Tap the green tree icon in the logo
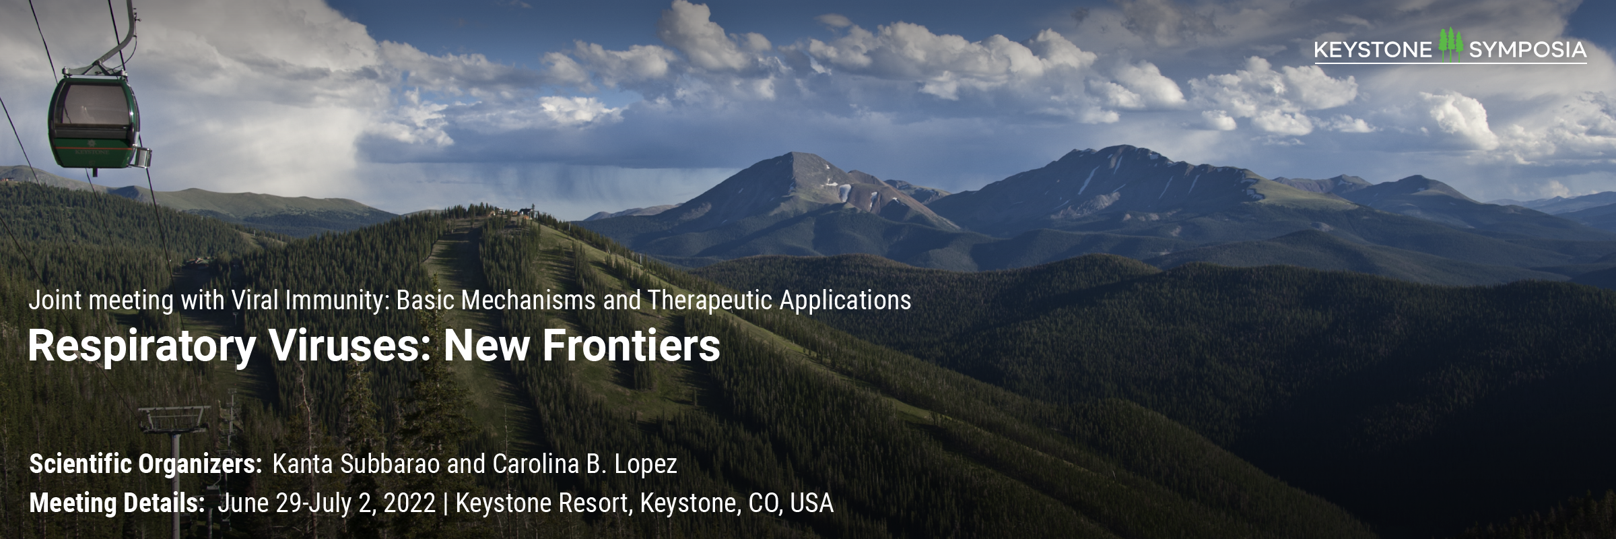(x=1450, y=46)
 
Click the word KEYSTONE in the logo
(x=1373, y=50)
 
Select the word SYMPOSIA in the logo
(x=1528, y=50)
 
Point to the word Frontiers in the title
(x=632, y=346)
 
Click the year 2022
(x=409, y=503)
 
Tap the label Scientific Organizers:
(x=146, y=465)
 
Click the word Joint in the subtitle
(x=55, y=300)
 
